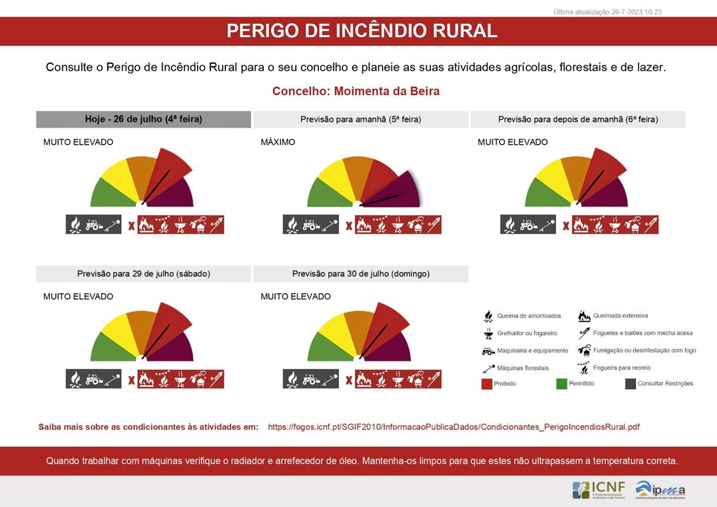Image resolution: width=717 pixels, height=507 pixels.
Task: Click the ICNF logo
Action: coord(598,490)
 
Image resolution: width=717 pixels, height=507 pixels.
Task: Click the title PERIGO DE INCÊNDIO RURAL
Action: coord(361,31)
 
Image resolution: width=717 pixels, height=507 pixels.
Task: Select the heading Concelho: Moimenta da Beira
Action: coord(356,91)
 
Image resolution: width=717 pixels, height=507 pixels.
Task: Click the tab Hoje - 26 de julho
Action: coord(143,119)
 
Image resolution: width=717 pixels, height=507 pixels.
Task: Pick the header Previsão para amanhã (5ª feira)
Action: coord(360,119)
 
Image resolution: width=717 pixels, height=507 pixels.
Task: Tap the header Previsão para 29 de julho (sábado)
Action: coord(143,273)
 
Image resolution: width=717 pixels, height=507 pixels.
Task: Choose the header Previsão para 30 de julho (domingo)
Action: coord(360,273)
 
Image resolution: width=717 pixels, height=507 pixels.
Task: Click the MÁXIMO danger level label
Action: coord(278,142)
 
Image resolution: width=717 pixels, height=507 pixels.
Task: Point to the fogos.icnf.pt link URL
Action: coord(453,427)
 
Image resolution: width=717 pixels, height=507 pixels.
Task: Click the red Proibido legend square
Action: coord(487,384)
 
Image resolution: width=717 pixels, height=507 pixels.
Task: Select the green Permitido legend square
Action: coord(562,384)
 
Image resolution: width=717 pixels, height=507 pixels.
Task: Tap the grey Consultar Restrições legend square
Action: coord(630,384)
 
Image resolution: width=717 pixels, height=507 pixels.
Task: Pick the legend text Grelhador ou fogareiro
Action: coord(527,333)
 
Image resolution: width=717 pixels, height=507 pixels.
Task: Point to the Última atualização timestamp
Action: coord(608,12)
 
